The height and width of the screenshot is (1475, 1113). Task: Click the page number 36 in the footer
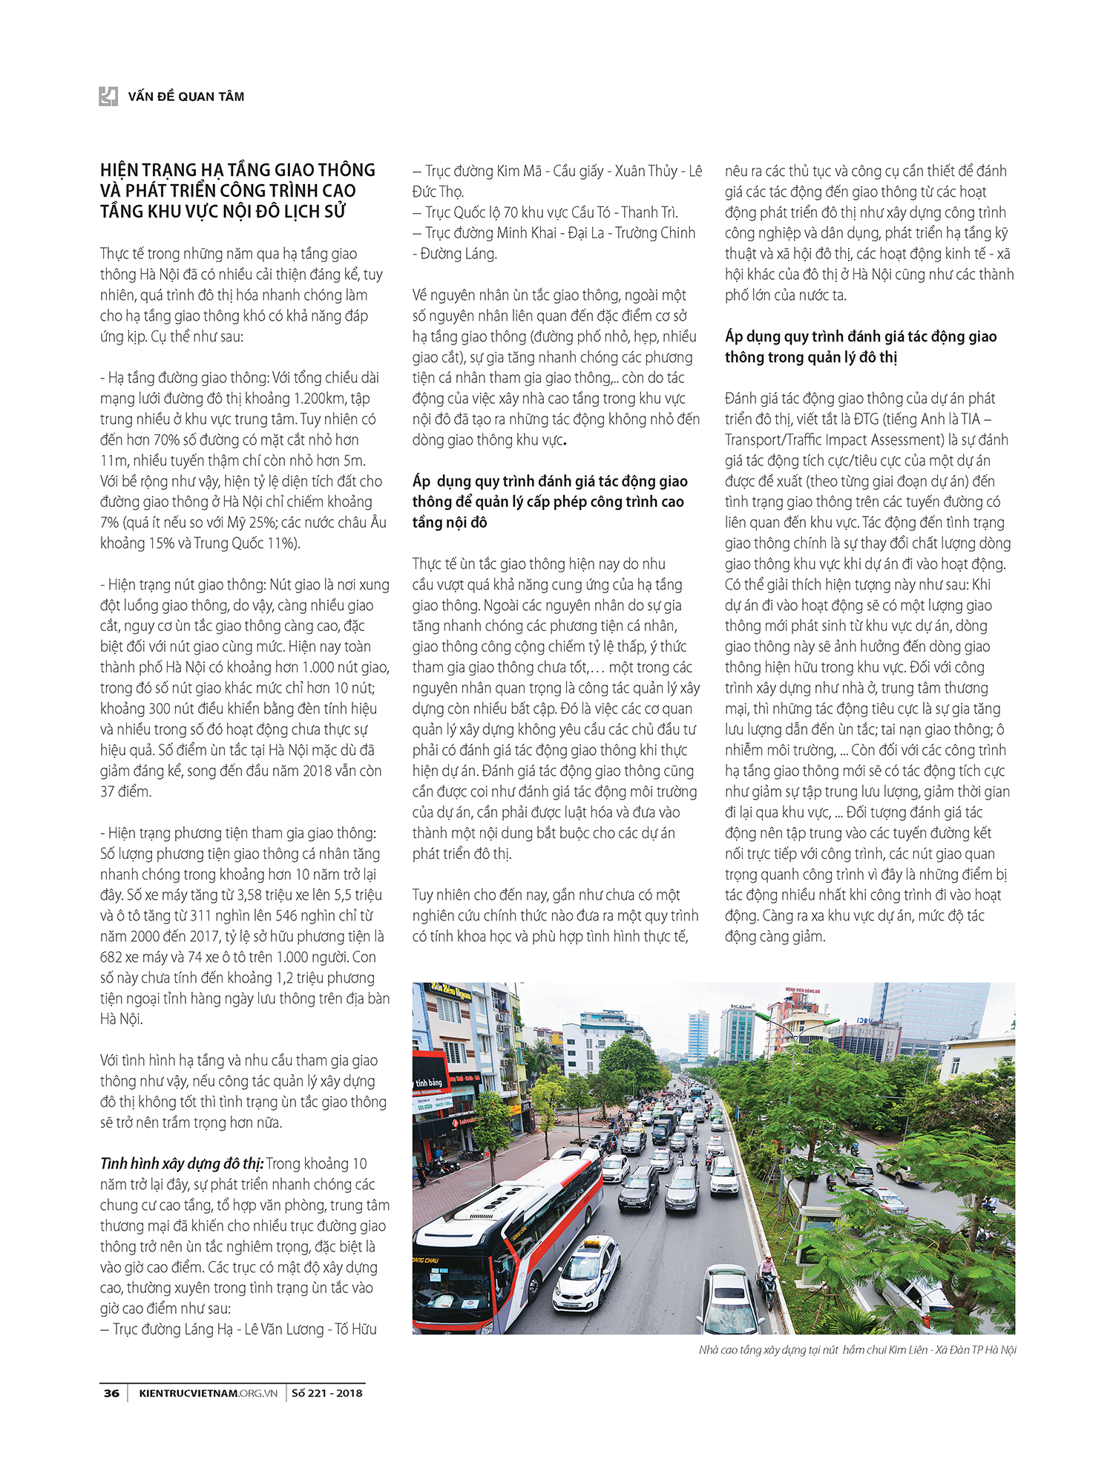pyautogui.click(x=111, y=1393)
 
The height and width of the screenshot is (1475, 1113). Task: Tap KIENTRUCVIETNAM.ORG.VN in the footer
pyautogui.click(x=208, y=1393)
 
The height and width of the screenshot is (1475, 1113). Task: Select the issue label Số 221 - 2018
pyautogui.click(x=326, y=1393)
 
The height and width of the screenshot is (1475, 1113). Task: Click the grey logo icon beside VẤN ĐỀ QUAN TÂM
pyautogui.click(x=108, y=96)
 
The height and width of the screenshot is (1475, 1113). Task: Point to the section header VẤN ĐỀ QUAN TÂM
pyautogui.click(x=185, y=97)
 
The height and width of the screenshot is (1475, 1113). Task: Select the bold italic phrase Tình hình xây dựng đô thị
pyautogui.click(x=181, y=1163)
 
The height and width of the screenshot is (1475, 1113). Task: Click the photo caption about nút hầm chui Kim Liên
pyautogui.click(x=857, y=1350)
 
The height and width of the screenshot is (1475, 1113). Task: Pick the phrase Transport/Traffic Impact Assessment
pyautogui.click(x=824, y=439)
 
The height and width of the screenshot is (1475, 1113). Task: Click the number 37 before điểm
pyautogui.click(x=108, y=791)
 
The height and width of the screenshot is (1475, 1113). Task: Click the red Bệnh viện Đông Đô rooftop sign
pyautogui.click(x=802, y=991)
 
